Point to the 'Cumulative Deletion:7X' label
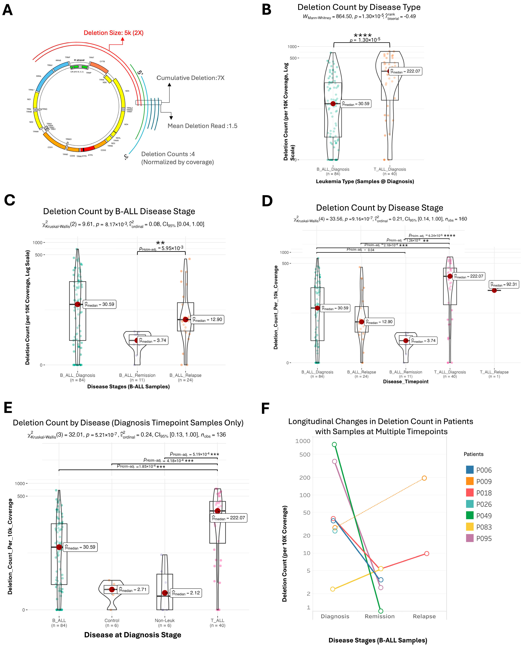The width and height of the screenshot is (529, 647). tap(190, 78)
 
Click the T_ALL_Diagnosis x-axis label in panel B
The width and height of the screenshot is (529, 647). tap(390, 169)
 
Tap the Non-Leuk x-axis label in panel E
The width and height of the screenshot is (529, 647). tap(164, 620)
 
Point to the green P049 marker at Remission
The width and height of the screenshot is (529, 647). tap(380, 611)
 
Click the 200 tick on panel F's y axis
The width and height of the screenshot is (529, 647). tap(305, 478)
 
